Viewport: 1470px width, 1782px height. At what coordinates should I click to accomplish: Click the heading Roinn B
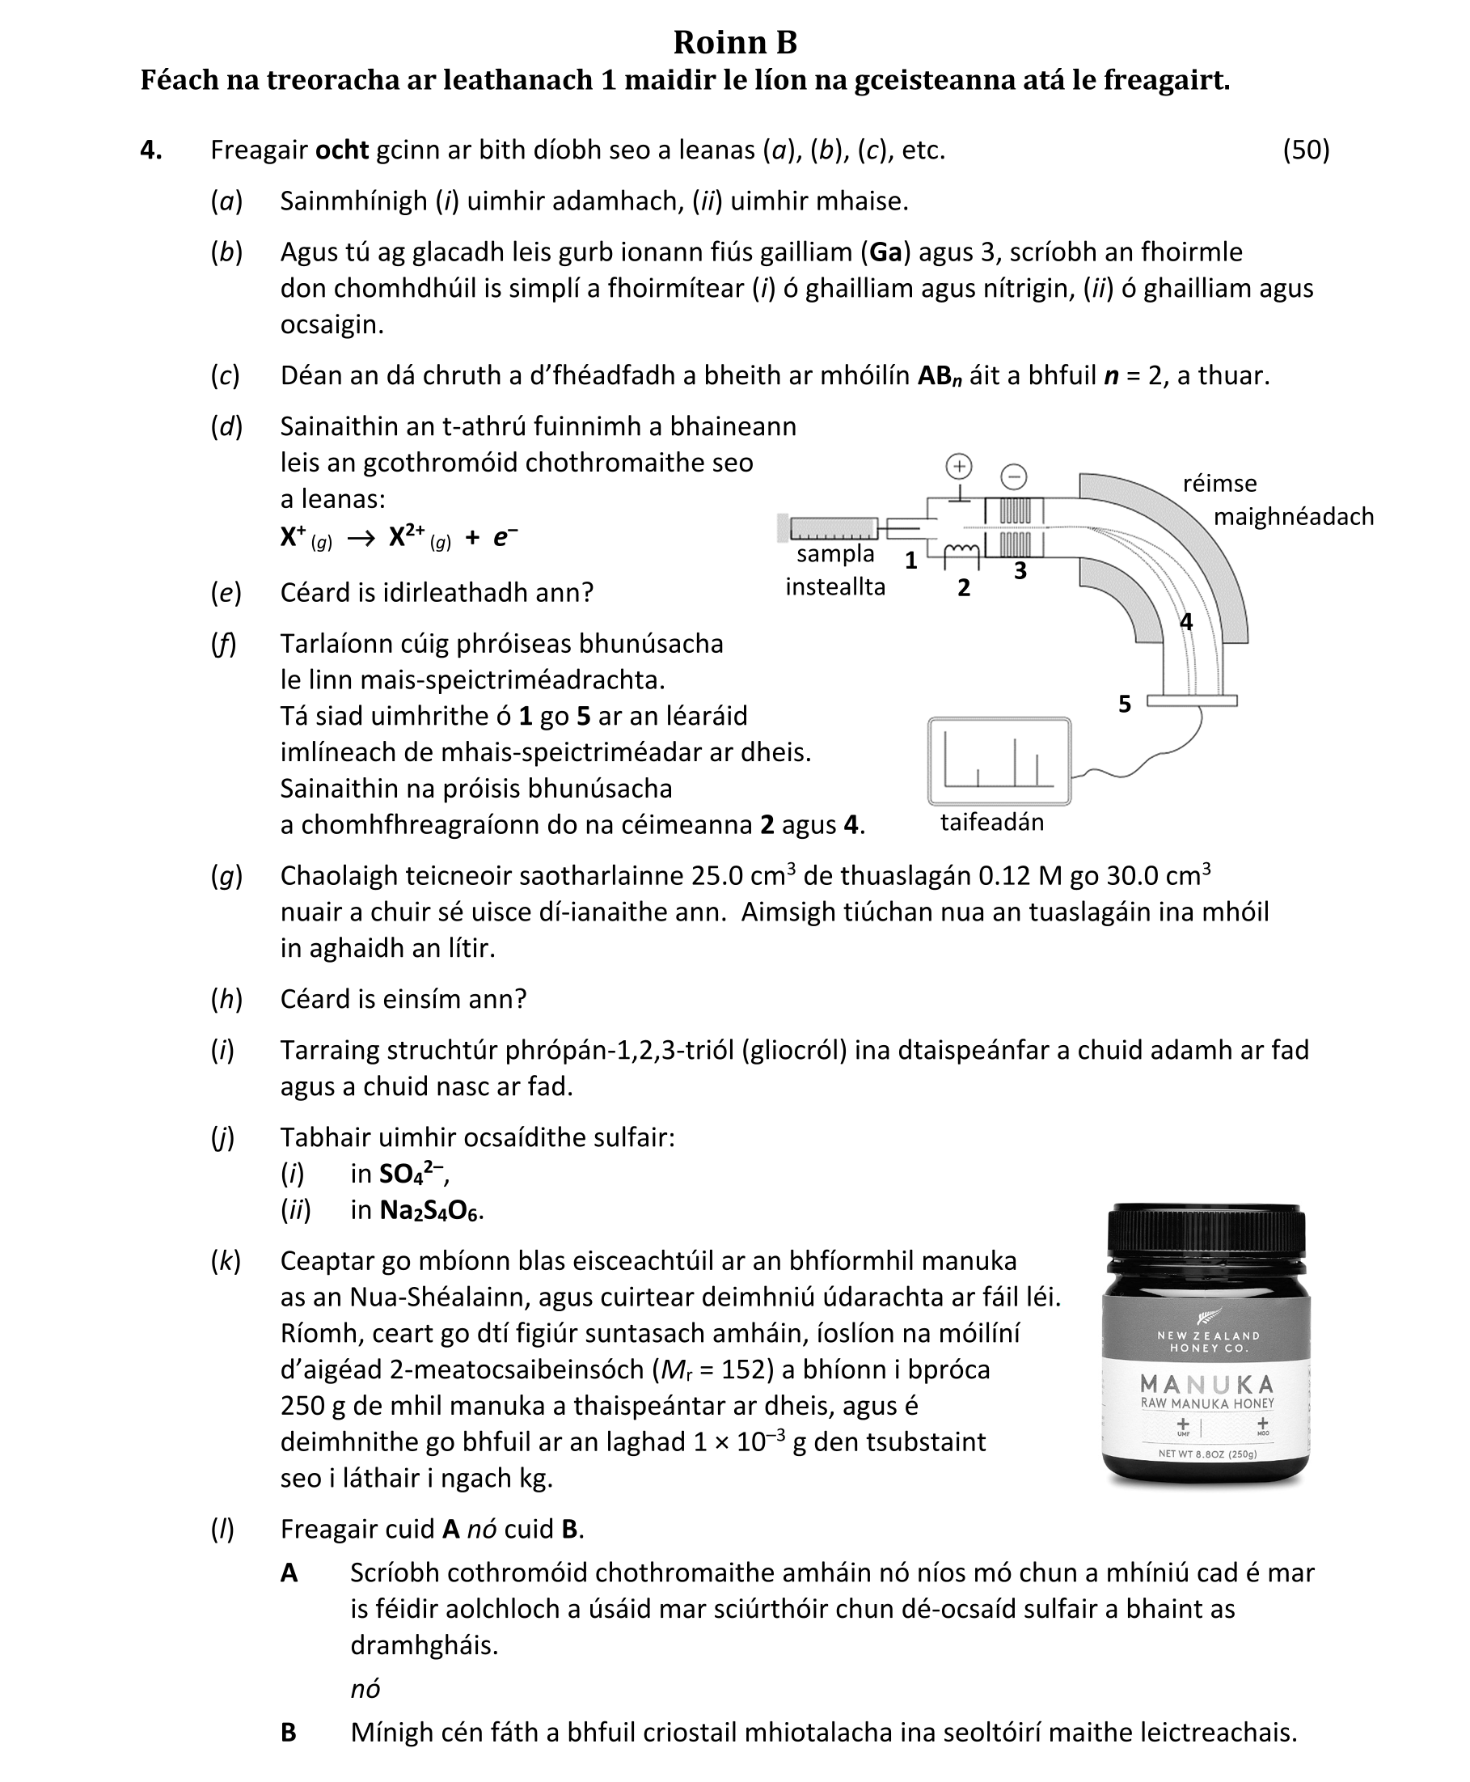pyautogui.click(x=735, y=42)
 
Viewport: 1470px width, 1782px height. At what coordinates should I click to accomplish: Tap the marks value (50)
pyautogui.click(x=1306, y=150)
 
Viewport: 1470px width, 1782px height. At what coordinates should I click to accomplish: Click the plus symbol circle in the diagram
pyautogui.click(x=958, y=466)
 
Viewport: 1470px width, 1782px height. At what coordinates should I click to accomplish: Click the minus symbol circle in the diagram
pyautogui.click(x=1014, y=476)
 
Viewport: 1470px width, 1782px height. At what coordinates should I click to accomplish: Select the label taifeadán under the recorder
pyautogui.click(x=991, y=822)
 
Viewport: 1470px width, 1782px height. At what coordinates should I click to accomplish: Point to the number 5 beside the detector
pyautogui.click(x=1125, y=704)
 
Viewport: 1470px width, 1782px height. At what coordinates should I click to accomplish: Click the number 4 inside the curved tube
pyautogui.click(x=1186, y=622)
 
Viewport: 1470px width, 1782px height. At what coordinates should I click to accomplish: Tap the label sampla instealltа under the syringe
pyautogui.click(x=835, y=570)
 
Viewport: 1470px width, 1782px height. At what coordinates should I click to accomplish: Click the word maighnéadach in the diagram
pyautogui.click(x=1293, y=517)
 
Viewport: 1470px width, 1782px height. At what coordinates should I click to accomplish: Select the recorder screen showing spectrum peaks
pyautogui.click(x=999, y=760)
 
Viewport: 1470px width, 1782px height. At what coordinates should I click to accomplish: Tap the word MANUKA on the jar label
pyautogui.click(x=1206, y=1385)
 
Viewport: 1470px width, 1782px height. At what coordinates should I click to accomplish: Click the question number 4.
pyautogui.click(x=150, y=150)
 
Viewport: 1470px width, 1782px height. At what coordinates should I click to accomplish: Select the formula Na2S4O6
pyautogui.click(x=431, y=1210)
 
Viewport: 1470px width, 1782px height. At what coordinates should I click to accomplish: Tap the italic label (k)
pyautogui.click(x=226, y=1261)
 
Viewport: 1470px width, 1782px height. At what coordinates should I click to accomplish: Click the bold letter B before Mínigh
pyautogui.click(x=289, y=1733)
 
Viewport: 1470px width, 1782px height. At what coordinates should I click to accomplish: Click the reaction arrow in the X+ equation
pyautogui.click(x=361, y=539)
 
